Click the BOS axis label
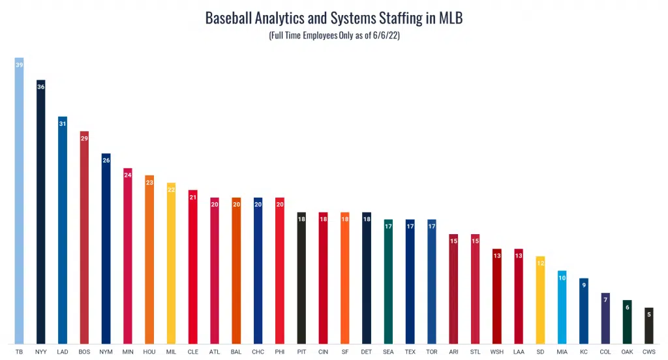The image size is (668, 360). tap(84, 352)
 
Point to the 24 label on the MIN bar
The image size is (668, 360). tap(128, 175)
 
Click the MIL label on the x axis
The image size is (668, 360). tap(171, 352)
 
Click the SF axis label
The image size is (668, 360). tap(344, 352)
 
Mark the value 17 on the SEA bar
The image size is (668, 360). tap(388, 227)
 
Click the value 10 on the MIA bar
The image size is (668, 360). tap(562, 278)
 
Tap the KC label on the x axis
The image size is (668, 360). tap(583, 352)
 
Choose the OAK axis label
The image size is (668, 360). tap(627, 352)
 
